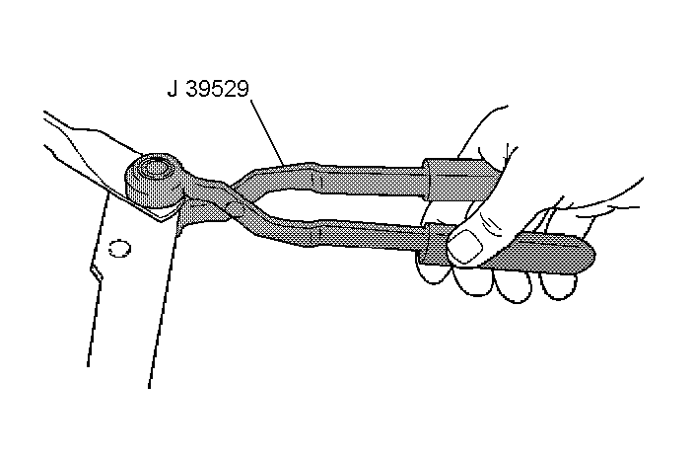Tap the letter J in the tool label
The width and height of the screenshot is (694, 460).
pyautogui.click(x=173, y=90)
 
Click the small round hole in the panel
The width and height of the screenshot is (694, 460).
pyautogui.click(x=120, y=247)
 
